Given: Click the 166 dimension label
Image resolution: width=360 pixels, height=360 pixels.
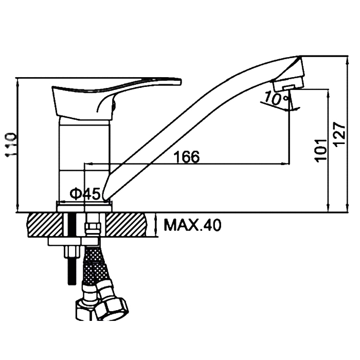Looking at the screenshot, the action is pyautogui.click(x=186, y=157).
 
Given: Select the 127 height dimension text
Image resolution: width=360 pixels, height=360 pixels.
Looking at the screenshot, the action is pyautogui.click(x=339, y=134).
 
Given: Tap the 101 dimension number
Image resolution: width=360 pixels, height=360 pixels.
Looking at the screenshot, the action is pyautogui.click(x=321, y=151).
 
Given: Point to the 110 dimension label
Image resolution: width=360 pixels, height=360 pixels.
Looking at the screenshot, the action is pyautogui.click(x=11, y=145).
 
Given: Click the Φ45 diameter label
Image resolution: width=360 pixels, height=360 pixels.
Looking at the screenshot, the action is pyautogui.click(x=85, y=193).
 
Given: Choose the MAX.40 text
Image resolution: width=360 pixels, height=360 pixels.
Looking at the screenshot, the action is pyautogui.click(x=192, y=225).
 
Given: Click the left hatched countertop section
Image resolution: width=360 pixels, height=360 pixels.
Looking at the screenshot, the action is pyautogui.click(x=45, y=225).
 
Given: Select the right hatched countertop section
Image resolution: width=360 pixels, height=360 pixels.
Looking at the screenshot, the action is pyautogui.click(x=126, y=225).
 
